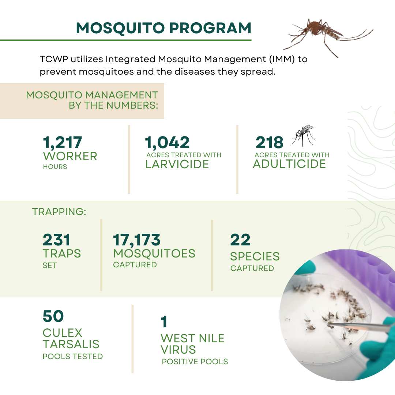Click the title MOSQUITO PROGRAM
click(163, 29)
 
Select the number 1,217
click(63, 143)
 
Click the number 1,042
click(167, 143)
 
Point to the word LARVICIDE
click(177, 164)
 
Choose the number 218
click(270, 143)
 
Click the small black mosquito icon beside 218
click(304, 135)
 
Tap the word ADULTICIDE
click(289, 164)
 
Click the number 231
click(56, 240)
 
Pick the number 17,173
click(137, 240)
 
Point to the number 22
click(240, 240)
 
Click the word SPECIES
click(255, 256)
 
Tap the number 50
click(53, 316)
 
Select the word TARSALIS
click(71, 344)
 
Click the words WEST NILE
click(192, 338)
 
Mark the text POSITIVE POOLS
click(195, 362)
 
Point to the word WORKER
click(70, 156)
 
